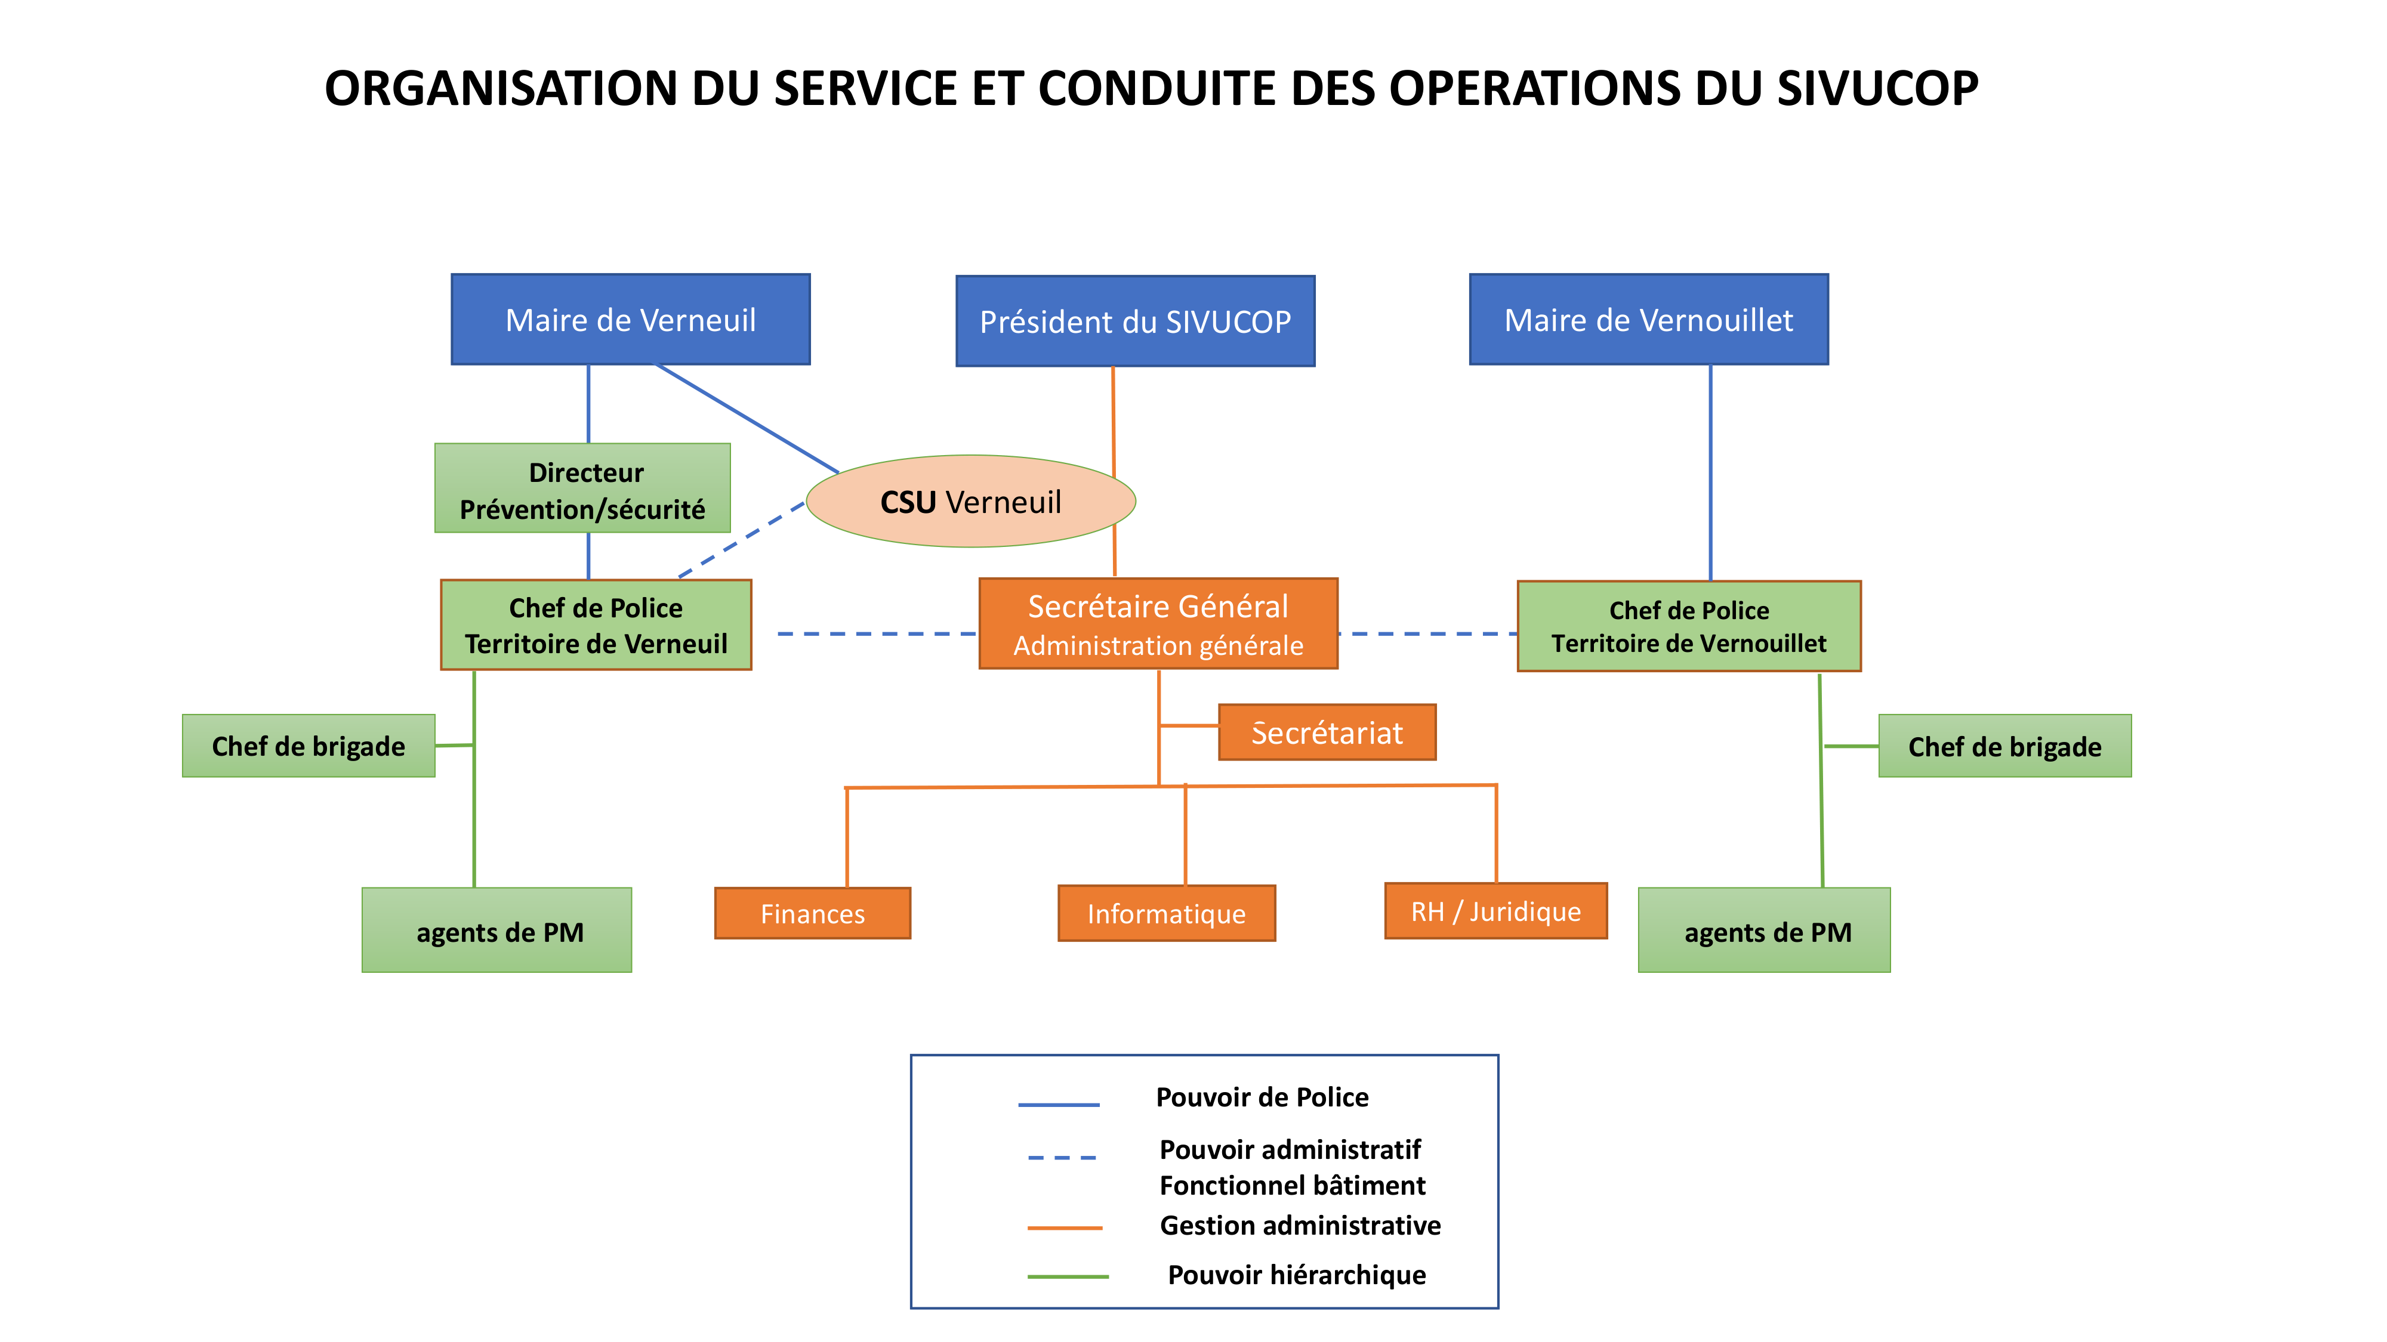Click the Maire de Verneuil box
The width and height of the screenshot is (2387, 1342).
[630, 320]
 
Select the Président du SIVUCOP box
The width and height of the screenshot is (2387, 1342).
[1135, 321]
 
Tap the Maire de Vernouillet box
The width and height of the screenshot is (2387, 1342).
[1648, 320]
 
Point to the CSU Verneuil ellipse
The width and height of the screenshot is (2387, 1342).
[970, 501]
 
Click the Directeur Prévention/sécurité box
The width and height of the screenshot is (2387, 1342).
[583, 488]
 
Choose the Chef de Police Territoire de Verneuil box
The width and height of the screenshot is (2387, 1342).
[596, 625]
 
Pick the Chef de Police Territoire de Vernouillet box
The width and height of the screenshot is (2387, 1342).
[1688, 626]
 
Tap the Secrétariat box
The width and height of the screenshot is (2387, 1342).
[1327, 732]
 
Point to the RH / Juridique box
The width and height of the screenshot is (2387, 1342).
[1495, 911]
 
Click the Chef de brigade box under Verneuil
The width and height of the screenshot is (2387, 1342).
[309, 746]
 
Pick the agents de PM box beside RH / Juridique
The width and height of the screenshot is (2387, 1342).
[1765, 931]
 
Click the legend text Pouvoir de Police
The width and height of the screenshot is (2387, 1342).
[1262, 1097]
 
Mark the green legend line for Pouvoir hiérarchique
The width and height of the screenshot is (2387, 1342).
[1068, 1276]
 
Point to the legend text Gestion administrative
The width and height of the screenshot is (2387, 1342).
[1300, 1225]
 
